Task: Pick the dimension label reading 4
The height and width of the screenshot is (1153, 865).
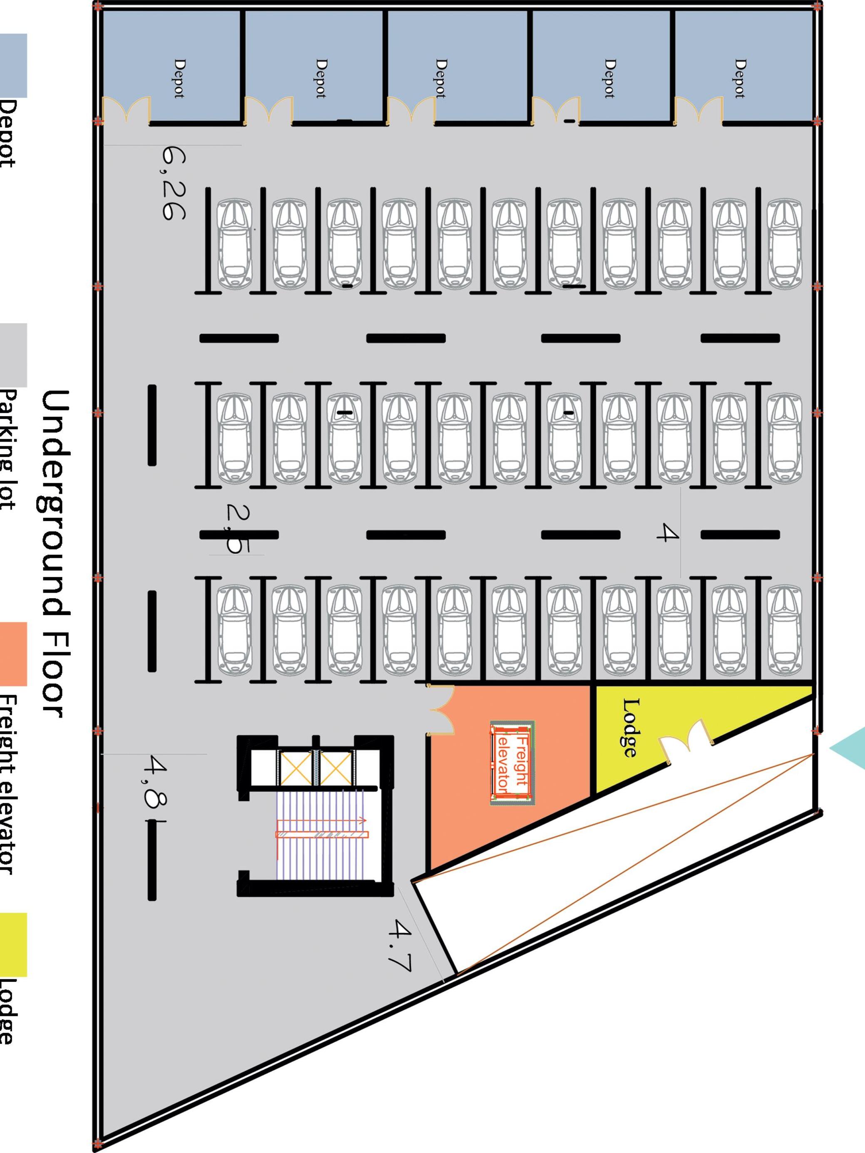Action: pos(667,533)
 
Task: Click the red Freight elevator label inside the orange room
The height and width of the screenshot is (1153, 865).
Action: pos(512,764)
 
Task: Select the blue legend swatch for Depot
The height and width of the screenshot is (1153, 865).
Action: pos(13,66)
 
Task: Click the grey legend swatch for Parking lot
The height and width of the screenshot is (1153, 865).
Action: pos(13,355)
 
